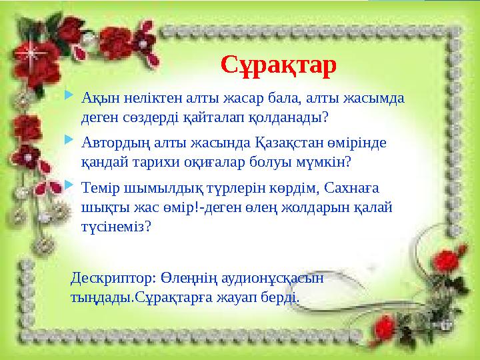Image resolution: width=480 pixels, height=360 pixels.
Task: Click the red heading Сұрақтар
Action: tap(278, 65)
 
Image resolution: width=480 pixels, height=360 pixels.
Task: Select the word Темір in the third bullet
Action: tap(99, 187)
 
